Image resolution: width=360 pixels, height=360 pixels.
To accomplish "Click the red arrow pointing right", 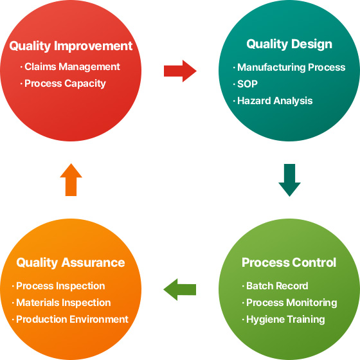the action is click(180, 71).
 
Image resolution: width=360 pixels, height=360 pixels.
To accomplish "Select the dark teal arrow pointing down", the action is click(289, 180).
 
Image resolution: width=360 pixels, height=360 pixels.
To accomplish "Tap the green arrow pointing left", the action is click(179, 289).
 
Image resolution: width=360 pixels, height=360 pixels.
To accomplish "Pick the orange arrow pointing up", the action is click(71, 179).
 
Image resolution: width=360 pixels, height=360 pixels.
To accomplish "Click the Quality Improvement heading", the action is click(71, 46).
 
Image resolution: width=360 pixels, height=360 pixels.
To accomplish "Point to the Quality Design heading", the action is click(289, 44).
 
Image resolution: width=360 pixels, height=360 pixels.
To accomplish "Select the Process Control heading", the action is click(289, 262).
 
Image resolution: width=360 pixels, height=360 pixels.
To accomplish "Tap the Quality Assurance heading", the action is click(71, 262).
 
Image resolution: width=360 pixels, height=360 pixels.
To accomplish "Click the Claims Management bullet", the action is click(70, 67).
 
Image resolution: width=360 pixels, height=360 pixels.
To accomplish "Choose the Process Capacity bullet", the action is click(63, 84).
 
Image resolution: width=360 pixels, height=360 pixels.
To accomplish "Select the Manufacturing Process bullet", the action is click(289, 67).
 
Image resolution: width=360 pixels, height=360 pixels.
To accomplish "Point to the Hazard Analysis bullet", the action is click(273, 101).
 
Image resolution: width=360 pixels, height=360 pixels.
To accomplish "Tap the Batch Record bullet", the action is click(275, 286).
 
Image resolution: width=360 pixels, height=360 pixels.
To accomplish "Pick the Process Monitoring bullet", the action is click(289, 303).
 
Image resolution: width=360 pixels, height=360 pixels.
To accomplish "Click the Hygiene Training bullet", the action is click(283, 319).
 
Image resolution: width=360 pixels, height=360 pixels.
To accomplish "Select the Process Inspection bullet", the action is click(59, 286).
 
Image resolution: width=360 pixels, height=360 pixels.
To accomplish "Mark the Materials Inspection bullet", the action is click(61, 303).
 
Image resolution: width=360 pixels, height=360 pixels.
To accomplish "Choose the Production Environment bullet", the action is click(70, 319).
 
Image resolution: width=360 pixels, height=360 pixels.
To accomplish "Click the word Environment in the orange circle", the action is click(99, 319).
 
